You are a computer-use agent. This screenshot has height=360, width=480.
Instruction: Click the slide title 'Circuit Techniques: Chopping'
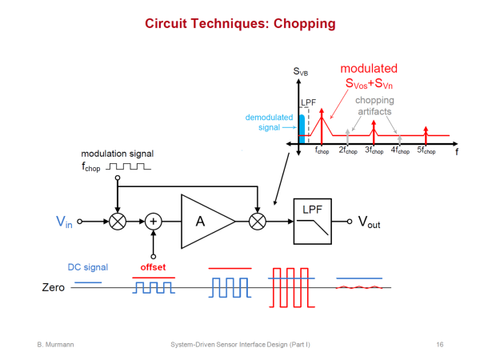pos(240,23)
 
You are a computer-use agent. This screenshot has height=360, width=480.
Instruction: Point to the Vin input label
pos(63,222)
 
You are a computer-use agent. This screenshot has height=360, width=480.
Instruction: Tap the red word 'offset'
pos(154,266)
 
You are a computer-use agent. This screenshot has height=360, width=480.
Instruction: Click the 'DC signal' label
pos(87,266)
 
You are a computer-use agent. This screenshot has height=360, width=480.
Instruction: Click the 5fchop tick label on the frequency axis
pos(426,150)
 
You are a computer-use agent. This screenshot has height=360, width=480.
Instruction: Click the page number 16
pos(440,343)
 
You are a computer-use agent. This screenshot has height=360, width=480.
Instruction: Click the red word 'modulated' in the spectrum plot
pos(369,69)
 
